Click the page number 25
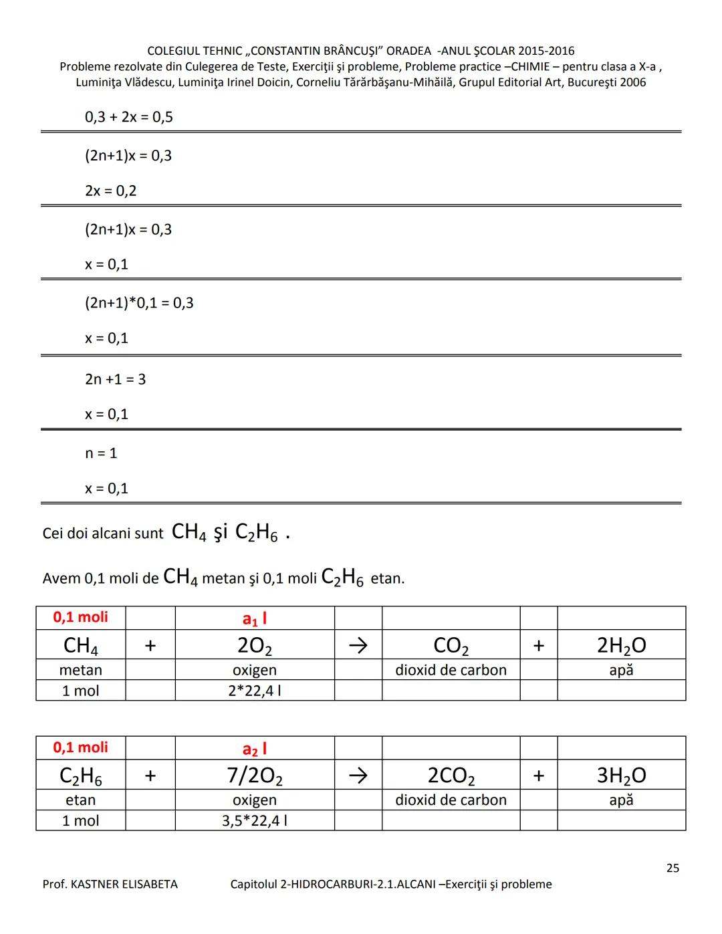tap(673, 868)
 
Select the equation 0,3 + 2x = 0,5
tap(128, 117)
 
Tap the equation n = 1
tap(101, 453)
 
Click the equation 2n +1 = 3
tap(115, 379)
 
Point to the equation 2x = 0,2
tap(110, 191)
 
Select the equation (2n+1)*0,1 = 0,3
tap(139, 303)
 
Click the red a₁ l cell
tap(254, 618)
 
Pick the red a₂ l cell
tap(254, 748)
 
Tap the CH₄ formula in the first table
tap(80, 645)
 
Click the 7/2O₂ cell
tap(254, 776)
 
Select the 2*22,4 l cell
tap(254, 691)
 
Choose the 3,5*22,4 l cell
tap(254, 820)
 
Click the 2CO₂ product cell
tap(451, 776)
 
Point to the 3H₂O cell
tap(621, 776)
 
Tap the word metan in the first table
tap(80, 670)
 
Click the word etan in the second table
tap(80, 800)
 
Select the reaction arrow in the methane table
tap(358, 645)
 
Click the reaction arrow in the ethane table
tap(358, 776)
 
